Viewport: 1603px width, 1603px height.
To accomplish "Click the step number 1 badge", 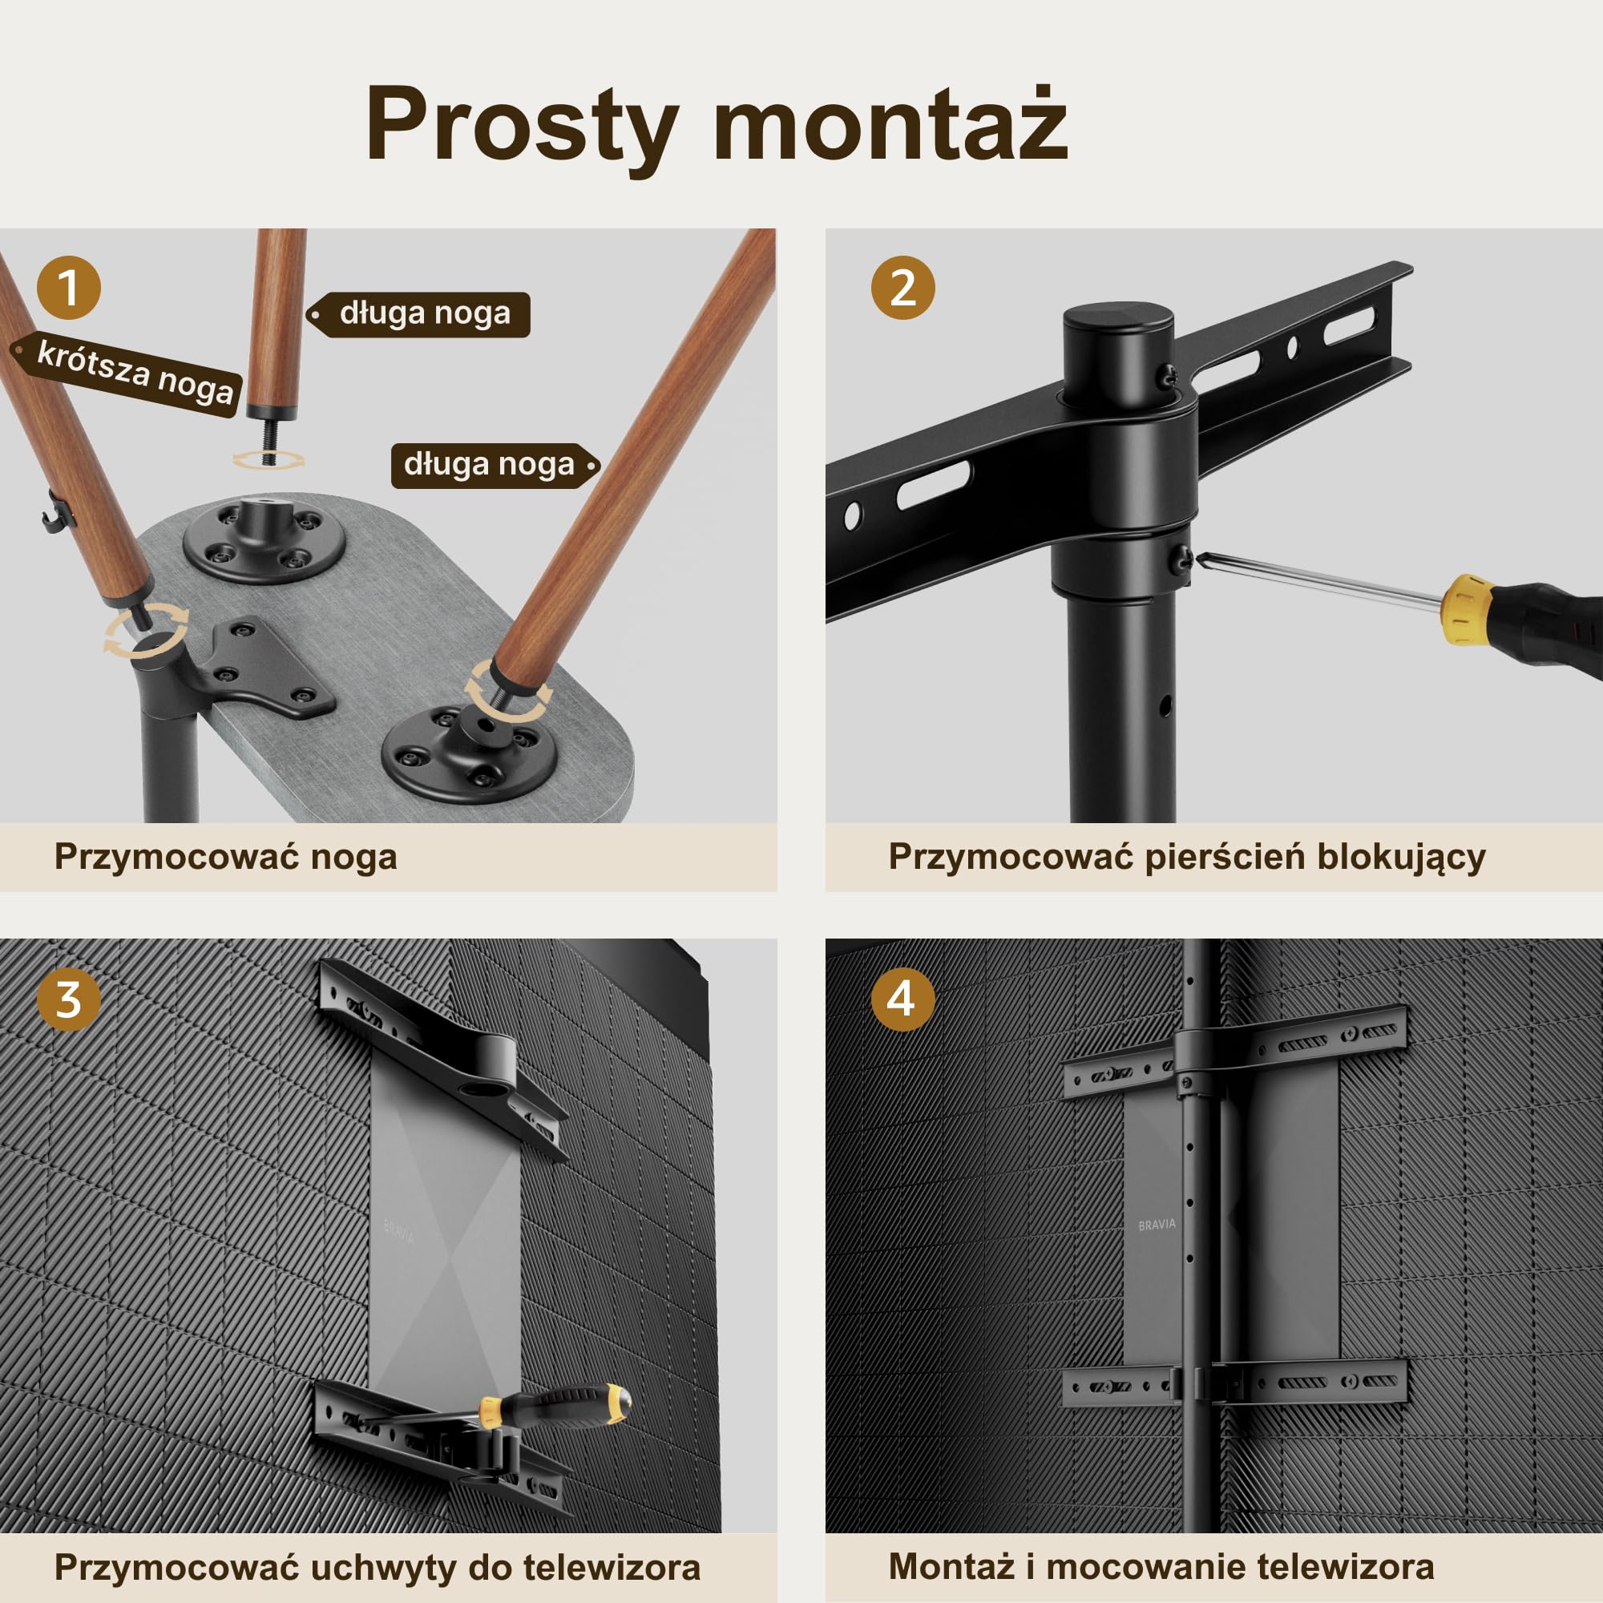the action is (69, 288).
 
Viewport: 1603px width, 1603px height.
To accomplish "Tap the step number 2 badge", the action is (902, 288).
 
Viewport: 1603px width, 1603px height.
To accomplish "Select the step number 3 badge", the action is (69, 999).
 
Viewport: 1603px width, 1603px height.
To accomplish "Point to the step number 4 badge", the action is (902, 999).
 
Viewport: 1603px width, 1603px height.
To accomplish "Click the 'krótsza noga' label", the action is (128, 374).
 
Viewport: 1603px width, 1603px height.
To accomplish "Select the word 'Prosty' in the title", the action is (522, 128).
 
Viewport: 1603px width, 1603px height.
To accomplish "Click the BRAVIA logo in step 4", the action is (1157, 1225).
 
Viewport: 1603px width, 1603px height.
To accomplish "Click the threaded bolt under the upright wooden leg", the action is (267, 439).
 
